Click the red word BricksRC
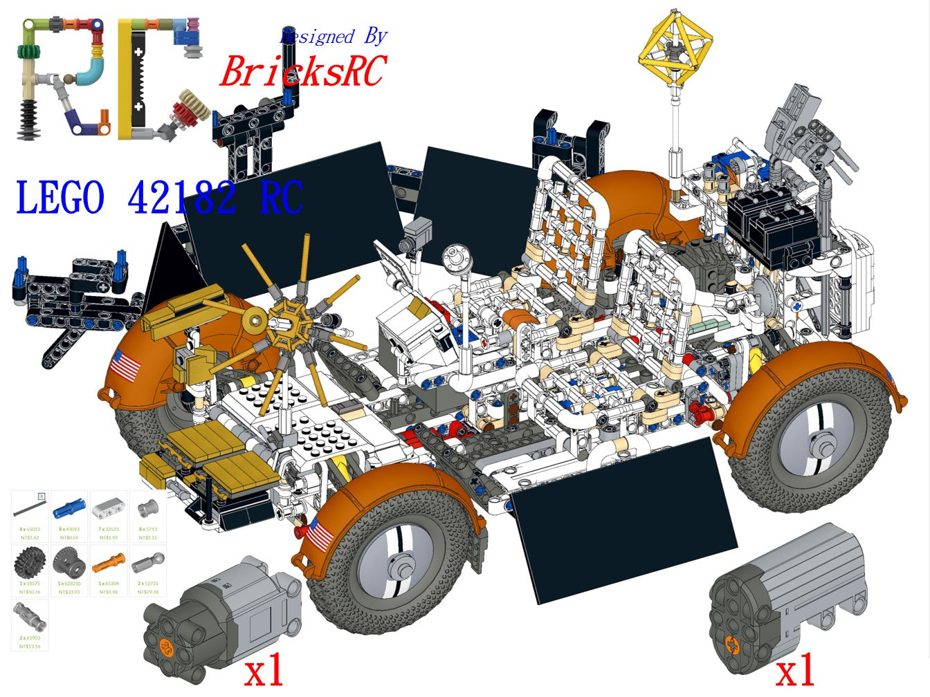coord(302,71)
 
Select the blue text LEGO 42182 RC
coord(159,198)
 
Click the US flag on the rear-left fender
coord(125,365)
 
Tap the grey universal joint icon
coord(29,615)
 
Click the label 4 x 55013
coord(29,528)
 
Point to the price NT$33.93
coord(69,591)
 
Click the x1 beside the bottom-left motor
coord(264,671)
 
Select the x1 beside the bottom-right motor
coord(794,671)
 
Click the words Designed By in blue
coord(333,36)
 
